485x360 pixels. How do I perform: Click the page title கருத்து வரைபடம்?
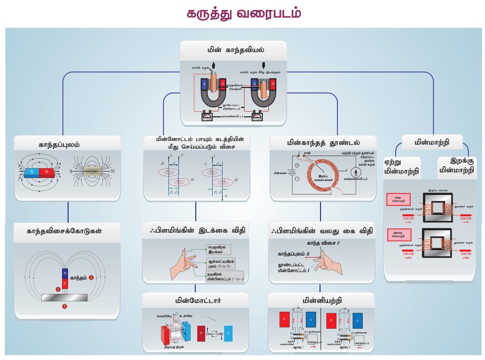(x=243, y=13)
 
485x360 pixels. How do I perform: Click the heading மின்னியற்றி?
(x=321, y=300)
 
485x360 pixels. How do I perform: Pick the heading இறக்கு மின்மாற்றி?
(x=456, y=166)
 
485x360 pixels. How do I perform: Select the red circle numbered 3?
(x=64, y=307)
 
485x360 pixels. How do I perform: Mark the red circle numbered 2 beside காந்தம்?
(x=91, y=278)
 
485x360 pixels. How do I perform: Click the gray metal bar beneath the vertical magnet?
(x=64, y=297)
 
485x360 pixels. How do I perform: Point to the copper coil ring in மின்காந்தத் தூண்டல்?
(x=323, y=177)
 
